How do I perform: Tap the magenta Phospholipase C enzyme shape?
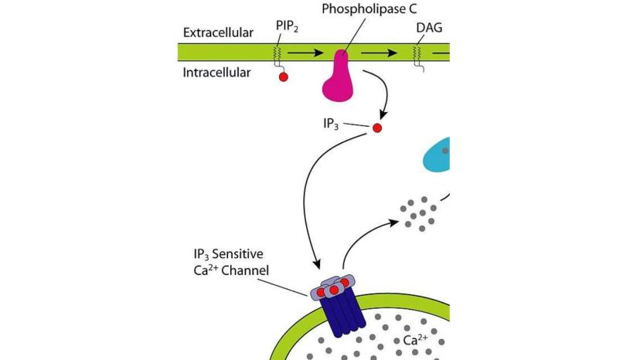point(339,77)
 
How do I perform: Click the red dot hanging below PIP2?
point(284,77)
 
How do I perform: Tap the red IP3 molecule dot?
point(377,127)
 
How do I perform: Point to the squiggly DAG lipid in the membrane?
point(418,54)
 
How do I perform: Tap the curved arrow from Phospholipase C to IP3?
point(374,93)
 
